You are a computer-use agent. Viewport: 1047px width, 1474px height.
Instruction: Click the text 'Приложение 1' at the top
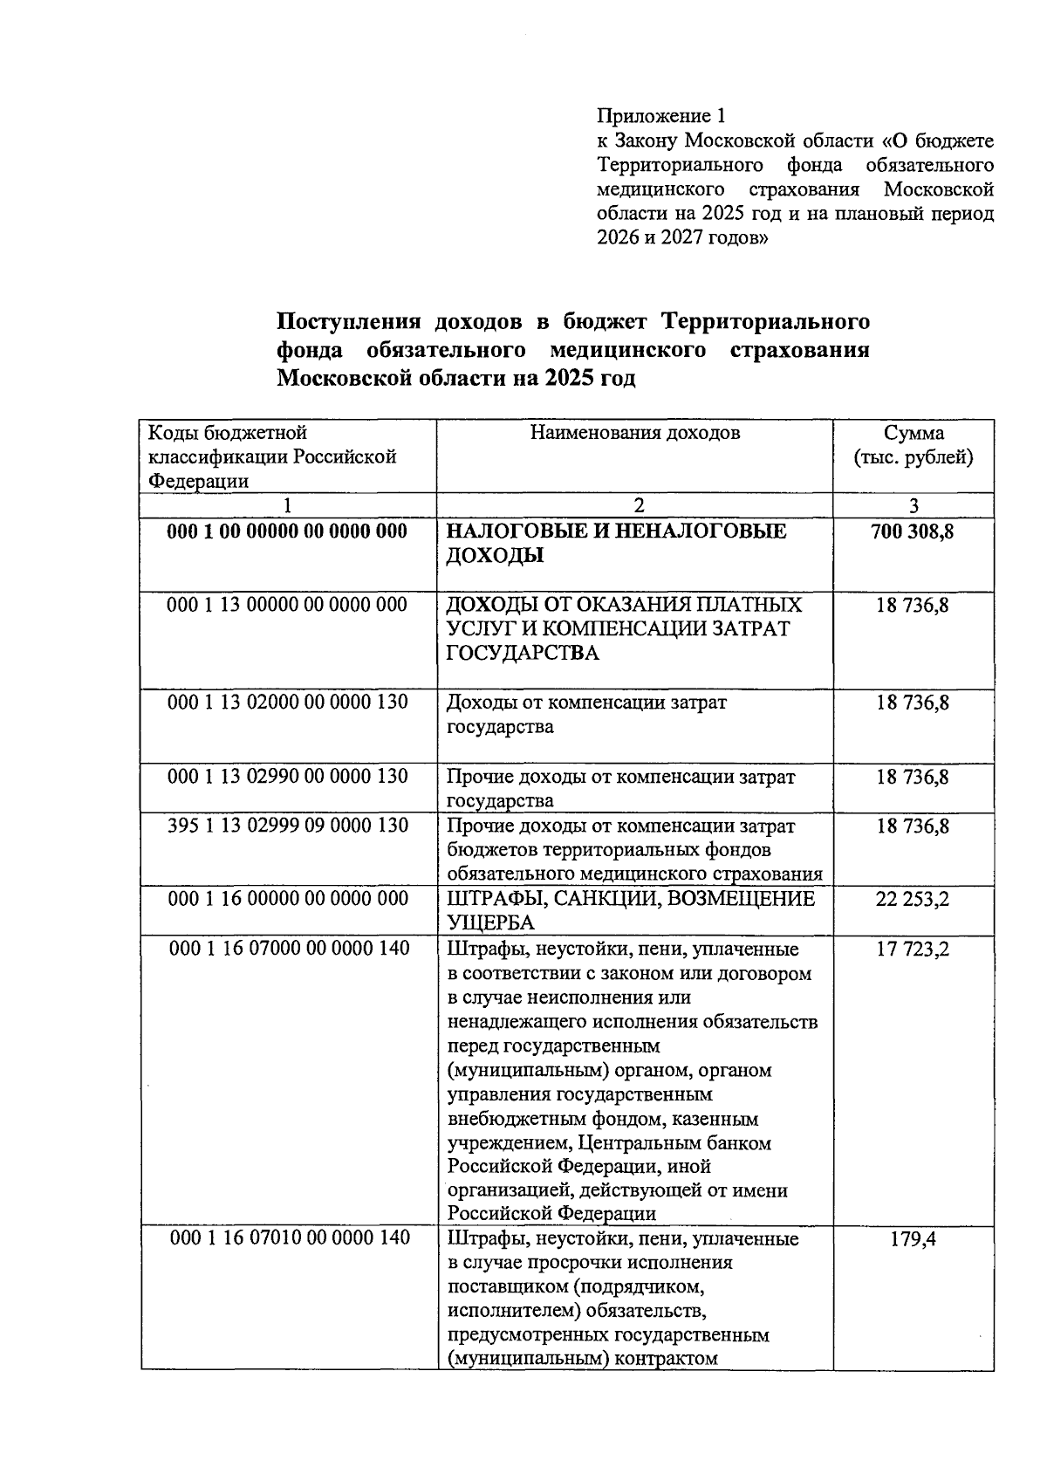click(x=660, y=116)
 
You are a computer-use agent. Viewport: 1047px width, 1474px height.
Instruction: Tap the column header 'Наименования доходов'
click(x=634, y=433)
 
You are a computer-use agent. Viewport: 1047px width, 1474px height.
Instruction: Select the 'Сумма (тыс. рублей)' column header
click(x=913, y=445)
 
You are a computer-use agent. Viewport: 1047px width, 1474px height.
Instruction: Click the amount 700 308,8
click(x=913, y=531)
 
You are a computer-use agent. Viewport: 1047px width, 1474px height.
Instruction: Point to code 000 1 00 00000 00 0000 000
click(x=287, y=531)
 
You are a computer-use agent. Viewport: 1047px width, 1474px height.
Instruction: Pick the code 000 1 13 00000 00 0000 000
click(x=287, y=605)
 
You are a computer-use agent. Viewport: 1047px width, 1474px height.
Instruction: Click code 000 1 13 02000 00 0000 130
click(x=287, y=702)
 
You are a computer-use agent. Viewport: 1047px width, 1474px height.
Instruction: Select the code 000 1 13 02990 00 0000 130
click(x=287, y=776)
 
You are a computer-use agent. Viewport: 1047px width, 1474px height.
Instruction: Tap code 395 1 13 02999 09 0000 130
click(x=287, y=825)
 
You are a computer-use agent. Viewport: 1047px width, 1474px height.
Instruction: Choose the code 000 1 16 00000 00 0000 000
click(x=287, y=898)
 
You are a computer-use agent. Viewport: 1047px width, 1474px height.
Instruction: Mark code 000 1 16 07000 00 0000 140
click(x=289, y=948)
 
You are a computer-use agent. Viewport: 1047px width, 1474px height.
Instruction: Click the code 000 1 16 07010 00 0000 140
click(x=289, y=1237)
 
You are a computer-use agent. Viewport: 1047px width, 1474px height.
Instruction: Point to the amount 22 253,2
click(x=913, y=899)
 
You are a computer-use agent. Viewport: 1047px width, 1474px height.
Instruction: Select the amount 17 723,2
click(x=913, y=949)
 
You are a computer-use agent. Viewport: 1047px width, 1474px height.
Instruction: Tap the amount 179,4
click(x=913, y=1238)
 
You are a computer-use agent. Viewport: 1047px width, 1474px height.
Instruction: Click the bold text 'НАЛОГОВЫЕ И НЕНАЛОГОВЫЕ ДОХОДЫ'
click(x=616, y=543)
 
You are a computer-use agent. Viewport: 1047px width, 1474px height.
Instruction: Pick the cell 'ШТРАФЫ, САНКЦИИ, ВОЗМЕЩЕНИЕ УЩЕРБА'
click(x=630, y=910)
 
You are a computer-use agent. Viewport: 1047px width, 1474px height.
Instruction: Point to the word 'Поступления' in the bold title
click(x=345, y=322)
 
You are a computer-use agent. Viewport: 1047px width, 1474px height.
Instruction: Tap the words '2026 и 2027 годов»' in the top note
click(x=682, y=237)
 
